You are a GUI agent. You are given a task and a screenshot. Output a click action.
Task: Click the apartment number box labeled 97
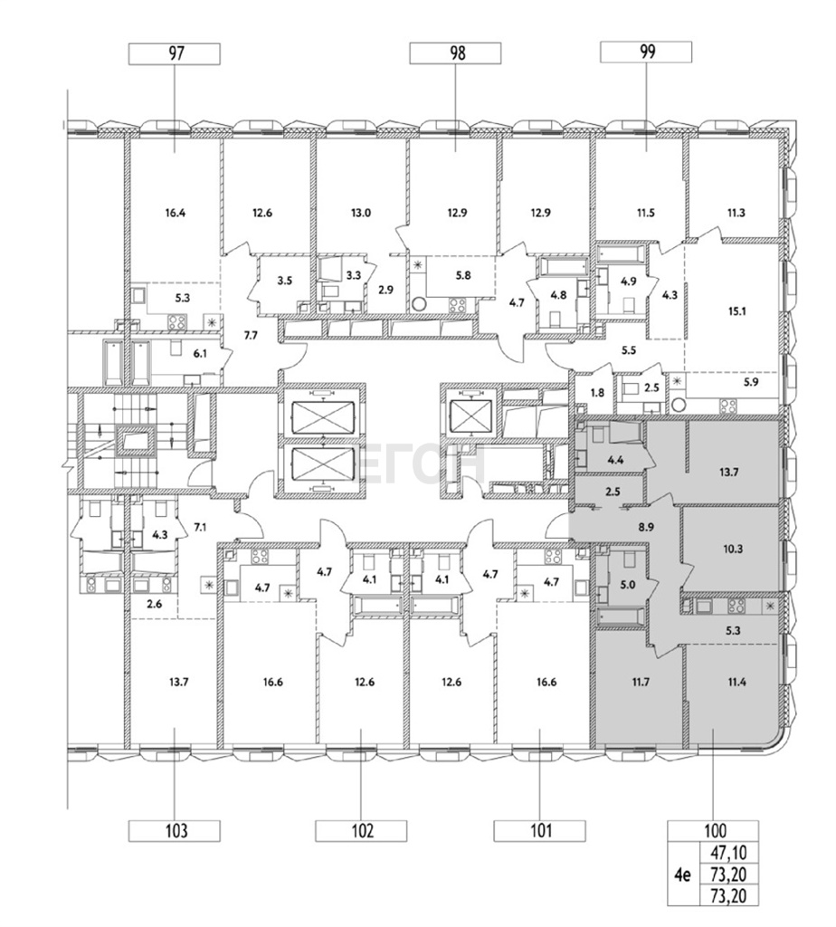(175, 53)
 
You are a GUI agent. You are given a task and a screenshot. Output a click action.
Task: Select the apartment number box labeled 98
(455, 53)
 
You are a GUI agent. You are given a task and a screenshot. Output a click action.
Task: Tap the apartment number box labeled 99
(646, 52)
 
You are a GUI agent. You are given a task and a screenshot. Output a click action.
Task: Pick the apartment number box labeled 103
(175, 831)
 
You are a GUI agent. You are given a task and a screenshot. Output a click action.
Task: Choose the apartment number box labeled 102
(361, 831)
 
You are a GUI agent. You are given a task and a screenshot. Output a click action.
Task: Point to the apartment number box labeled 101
(540, 831)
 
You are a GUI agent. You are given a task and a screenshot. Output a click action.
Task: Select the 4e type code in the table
(683, 874)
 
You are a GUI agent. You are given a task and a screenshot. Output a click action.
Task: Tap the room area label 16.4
(175, 213)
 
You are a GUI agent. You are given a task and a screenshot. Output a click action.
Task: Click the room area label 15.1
(736, 311)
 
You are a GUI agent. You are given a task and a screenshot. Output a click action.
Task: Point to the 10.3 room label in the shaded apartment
(733, 550)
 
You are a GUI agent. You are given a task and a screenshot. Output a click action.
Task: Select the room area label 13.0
(360, 213)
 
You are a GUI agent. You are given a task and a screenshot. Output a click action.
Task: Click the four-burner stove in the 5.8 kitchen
(457, 304)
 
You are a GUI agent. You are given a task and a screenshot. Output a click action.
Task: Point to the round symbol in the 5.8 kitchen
(419, 304)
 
